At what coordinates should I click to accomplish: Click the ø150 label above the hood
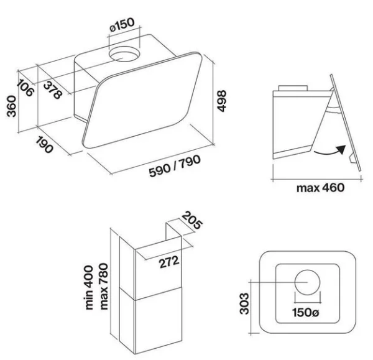click(x=122, y=25)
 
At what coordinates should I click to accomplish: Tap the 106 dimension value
click(x=25, y=88)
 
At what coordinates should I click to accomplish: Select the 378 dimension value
click(x=53, y=90)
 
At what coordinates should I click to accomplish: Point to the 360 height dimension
click(x=11, y=106)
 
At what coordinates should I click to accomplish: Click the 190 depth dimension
click(x=44, y=145)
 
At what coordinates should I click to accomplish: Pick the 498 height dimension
click(x=222, y=101)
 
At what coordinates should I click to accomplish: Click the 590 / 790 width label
click(x=175, y=166)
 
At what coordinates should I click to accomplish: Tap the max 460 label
click(x=320, y=188)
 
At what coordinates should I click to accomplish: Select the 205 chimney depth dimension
click(x=192, y=220)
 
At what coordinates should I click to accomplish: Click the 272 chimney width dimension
click(x=169, y=262)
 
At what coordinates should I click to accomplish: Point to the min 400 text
click(x=89, y=288)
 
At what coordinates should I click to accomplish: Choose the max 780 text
click(x=104, y=286)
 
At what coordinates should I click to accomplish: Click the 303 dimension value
click(x=244, y=303)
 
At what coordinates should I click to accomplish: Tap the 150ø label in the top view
click(x=306, y=312)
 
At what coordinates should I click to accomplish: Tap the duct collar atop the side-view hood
click(x=293, y=88)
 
